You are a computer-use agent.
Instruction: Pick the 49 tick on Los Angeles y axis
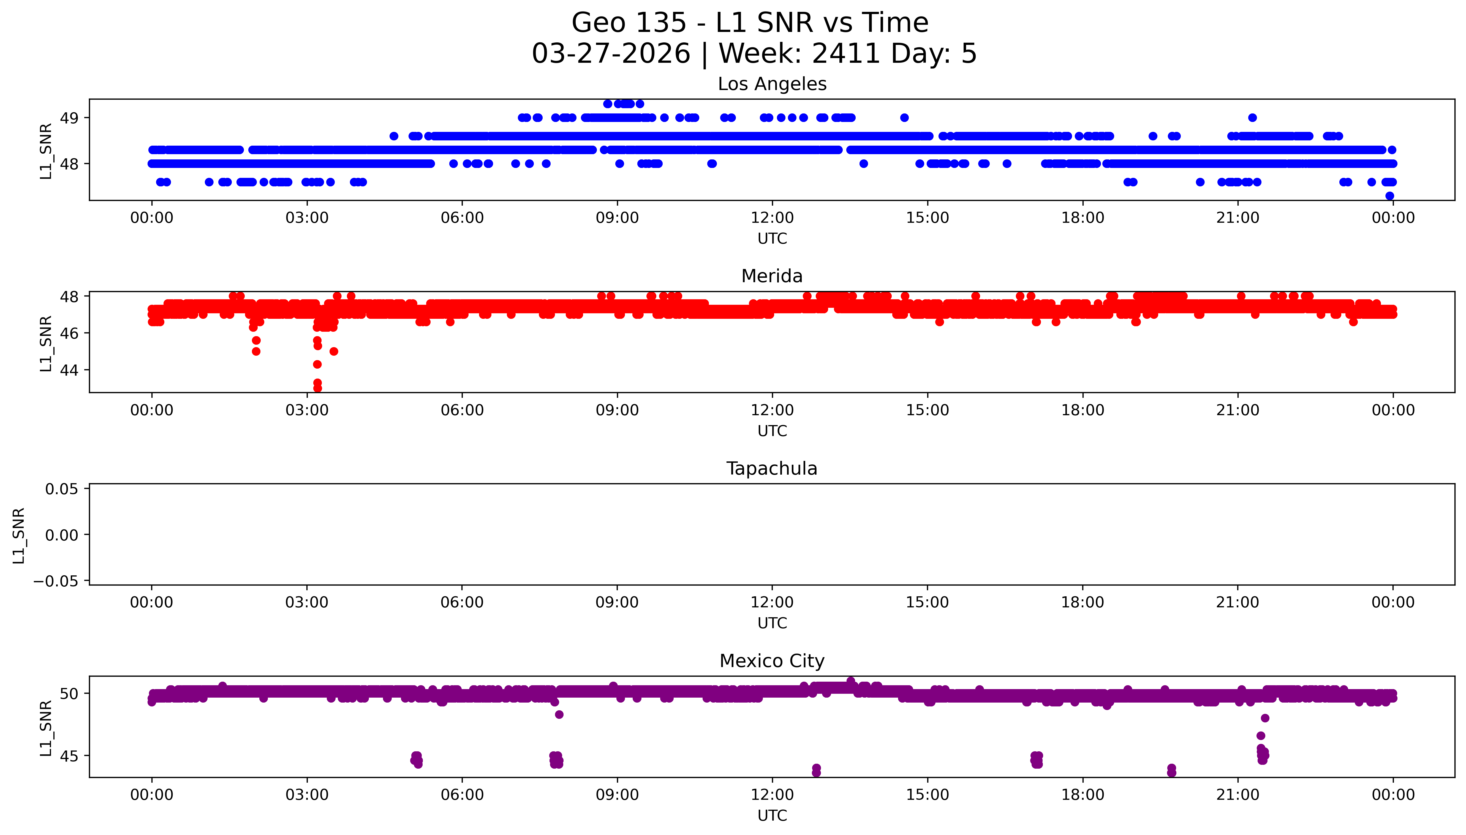(x=69, y=118)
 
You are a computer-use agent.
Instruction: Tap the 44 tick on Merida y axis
(x=69, y=370)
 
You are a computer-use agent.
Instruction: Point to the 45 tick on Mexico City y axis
(x=69, y=756)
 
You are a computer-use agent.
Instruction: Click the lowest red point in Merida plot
(x=318, y=388)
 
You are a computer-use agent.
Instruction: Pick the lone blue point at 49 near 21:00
(x=1252, y=118)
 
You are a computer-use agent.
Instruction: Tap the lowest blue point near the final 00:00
(x=1389, y=195)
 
